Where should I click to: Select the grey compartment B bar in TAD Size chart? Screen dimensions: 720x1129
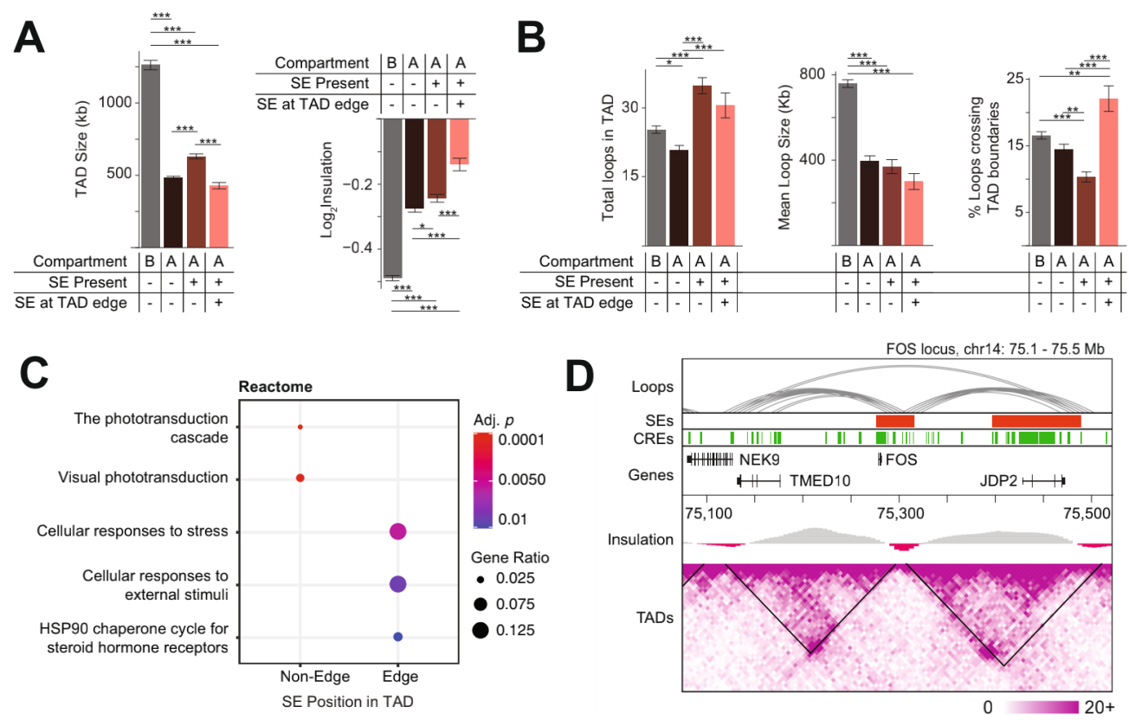pos(150,156)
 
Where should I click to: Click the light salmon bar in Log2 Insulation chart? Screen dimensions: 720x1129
pos(459,141)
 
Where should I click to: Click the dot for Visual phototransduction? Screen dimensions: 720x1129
pos(300,478)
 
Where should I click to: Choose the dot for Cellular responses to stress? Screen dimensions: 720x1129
pos(397,531)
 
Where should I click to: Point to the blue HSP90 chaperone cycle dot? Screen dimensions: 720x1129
pos(397,637)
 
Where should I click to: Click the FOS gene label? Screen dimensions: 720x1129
pos(901,460)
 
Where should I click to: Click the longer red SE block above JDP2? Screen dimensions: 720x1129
pos(1036,420)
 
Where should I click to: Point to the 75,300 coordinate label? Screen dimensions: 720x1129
pos(900,512)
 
